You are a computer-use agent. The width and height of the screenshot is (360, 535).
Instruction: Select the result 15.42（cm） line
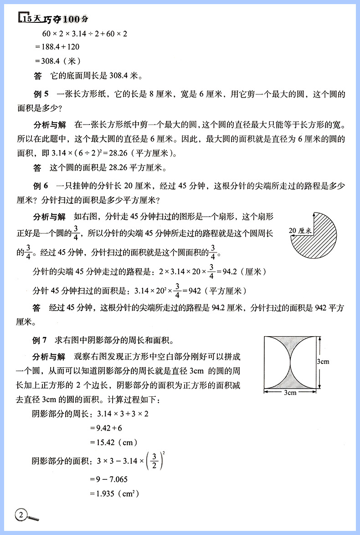(113, 442)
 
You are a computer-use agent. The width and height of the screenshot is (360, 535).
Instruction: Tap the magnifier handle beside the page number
(34, 519)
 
